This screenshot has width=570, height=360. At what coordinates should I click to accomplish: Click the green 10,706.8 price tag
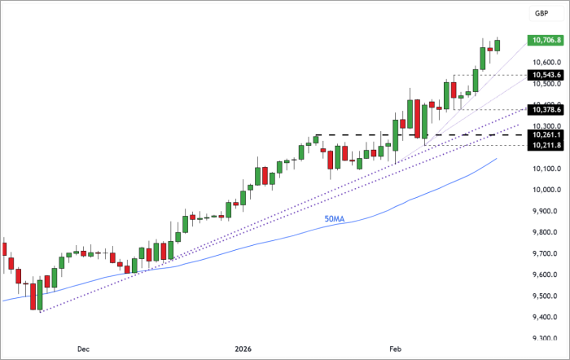pos(545,40)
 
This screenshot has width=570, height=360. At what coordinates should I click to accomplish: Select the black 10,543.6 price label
pos(545,75)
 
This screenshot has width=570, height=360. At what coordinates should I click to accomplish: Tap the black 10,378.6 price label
pos(545,109)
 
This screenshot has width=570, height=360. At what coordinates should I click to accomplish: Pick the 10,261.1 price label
pos(545,134)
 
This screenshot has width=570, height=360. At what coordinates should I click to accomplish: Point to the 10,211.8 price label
pos(545,145)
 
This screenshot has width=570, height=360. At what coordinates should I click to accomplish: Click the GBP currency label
pos(541,14)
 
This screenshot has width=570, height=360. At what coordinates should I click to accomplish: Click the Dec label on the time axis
pos(83,349)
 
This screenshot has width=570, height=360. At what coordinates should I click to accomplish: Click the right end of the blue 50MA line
pos(497,159)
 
